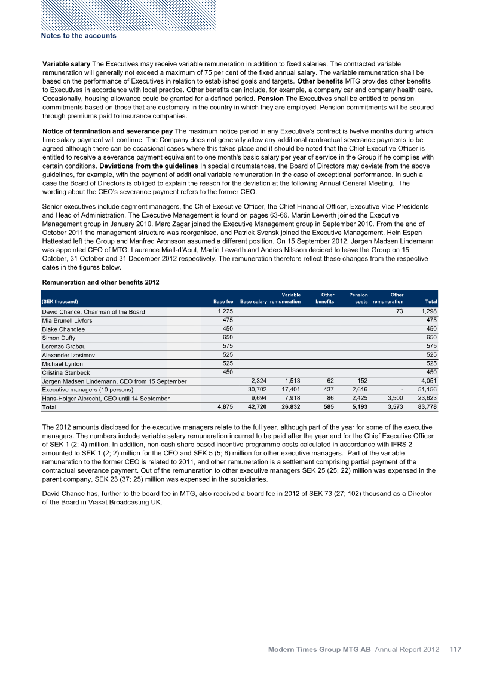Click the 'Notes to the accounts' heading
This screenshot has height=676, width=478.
click(78, 36)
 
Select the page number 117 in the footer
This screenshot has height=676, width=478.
click(455, 649)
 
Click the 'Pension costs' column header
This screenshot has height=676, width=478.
click(358, 298)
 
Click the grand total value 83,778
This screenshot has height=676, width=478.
click(427, 408)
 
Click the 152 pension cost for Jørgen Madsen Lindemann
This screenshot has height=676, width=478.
click(362, 381)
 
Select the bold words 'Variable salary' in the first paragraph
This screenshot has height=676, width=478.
click(66, 63)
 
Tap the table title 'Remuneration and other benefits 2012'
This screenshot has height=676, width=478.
click(100, 282)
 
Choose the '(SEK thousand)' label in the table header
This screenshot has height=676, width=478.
click(60, 302)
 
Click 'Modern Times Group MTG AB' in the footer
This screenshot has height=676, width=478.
click(320, 649)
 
